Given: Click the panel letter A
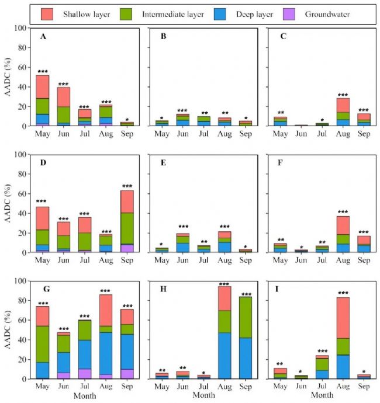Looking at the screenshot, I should point(43,37).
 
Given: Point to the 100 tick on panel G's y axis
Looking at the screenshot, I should point(19,281).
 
